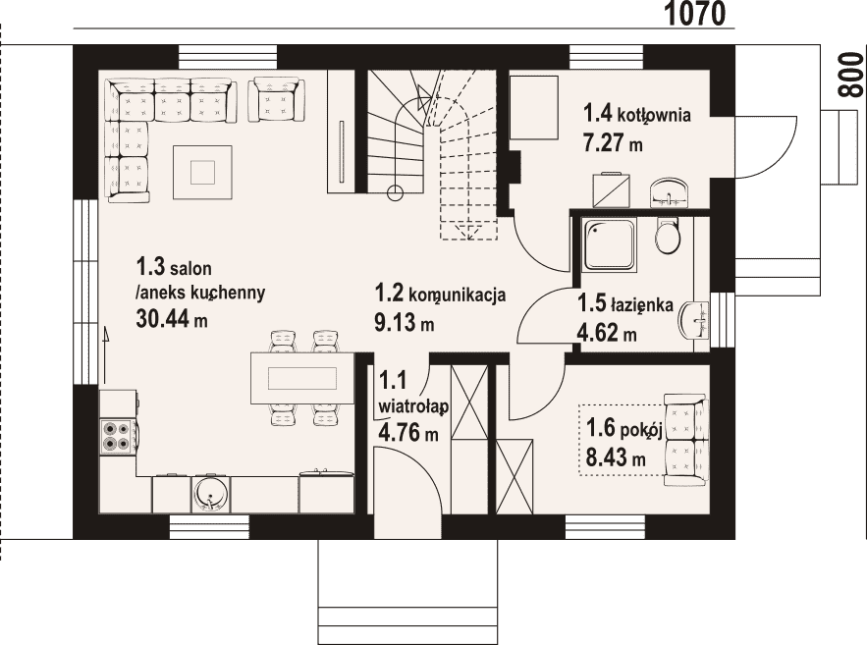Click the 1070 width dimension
693,14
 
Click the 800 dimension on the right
850,76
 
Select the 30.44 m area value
172,318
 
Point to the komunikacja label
457,296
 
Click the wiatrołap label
413,406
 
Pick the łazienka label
641,304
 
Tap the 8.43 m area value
616,457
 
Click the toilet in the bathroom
667,235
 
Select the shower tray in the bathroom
609,244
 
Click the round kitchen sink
211,494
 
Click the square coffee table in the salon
202,172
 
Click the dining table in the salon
302,379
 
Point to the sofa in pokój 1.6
686,440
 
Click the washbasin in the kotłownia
669,193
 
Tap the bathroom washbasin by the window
694,320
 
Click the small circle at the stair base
395,192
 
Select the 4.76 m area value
408,432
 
